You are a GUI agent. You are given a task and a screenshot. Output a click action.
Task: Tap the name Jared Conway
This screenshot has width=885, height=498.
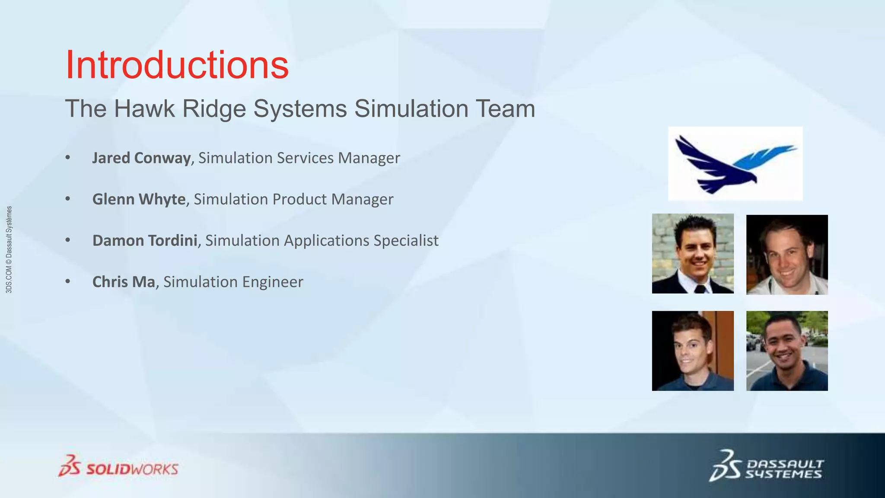click(x=141, y=158)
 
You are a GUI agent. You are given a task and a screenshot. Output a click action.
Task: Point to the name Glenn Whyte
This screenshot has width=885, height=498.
click(x=139, y=199)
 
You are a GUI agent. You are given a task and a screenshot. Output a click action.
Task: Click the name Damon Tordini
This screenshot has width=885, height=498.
click(x=145, y=240)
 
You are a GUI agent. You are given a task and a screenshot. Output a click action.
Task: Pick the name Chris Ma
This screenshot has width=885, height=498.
click(x=124, y=282)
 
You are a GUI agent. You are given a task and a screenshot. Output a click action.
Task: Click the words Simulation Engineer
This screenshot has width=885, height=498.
click(x=233, y=282)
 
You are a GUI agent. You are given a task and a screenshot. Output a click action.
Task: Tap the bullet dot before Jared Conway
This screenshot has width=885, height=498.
click(x=67, y=158)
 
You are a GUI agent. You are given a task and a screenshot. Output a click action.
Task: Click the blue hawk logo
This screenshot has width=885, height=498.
click(x=735, y=164)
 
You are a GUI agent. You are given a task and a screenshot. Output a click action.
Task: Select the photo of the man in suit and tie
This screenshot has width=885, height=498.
click(x=693, y=254)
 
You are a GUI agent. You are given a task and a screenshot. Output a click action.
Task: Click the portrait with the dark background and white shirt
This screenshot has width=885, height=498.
click(x=787, y=255)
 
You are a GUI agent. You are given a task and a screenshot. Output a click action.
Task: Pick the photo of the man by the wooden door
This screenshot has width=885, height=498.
click(x=693, y=351)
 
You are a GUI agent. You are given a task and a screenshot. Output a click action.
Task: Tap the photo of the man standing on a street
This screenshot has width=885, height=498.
click(x=787, y=351)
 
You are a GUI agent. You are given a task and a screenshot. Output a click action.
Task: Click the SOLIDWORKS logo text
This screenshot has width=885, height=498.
click(x=132, y=469)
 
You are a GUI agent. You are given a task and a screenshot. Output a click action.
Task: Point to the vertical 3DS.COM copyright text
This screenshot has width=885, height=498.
click(x=9, y=249)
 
